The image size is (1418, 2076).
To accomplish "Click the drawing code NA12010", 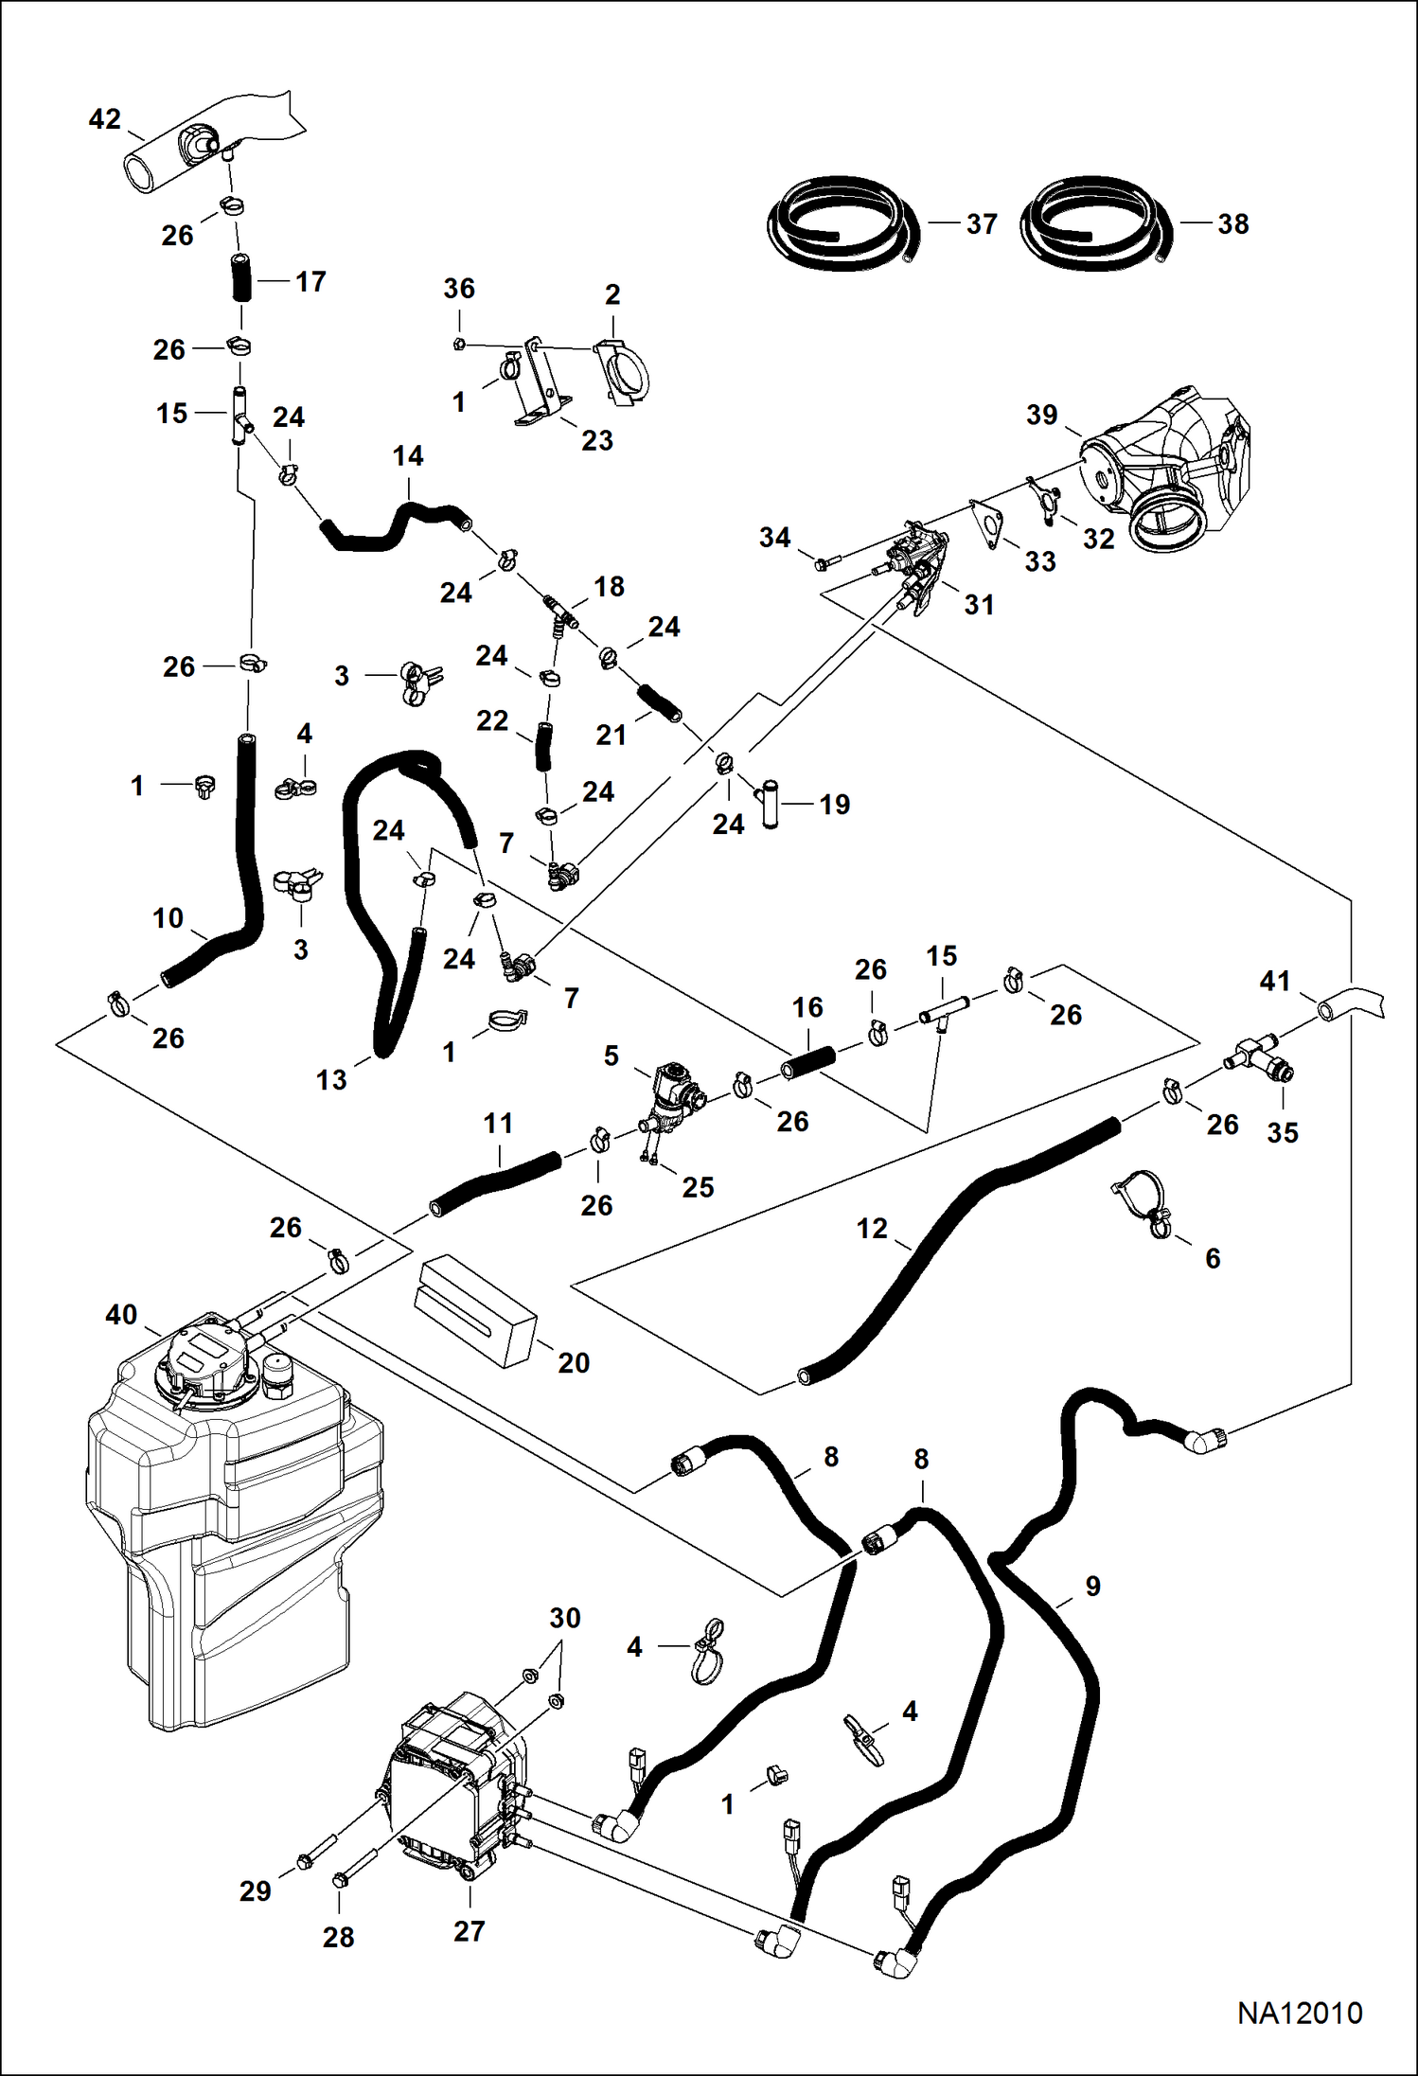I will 1300,2013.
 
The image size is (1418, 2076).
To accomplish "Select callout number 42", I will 104,119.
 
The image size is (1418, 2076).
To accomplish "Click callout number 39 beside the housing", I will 1041,415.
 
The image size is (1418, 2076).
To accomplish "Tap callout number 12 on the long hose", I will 872,1229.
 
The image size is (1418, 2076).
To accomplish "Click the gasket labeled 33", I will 987,523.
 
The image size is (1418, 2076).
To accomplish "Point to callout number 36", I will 459,289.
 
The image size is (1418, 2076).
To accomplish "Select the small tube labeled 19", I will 770,804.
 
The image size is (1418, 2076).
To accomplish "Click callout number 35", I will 1283,1132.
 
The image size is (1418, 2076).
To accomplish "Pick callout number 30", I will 565,1618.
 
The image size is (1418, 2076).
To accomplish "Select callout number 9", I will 1092,1586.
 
